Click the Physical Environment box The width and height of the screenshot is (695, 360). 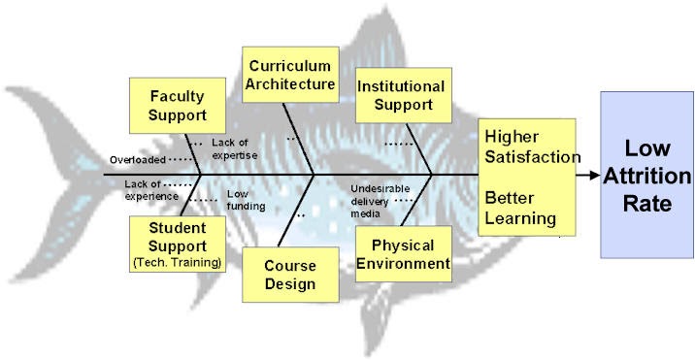(x=403, y=253)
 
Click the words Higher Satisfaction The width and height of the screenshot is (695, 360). (x=531, y=146)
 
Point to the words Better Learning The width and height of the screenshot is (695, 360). (x=520, y=208)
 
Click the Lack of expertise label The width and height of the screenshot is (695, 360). (x=235, y=147)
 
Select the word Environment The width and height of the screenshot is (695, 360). (x=403, y=263)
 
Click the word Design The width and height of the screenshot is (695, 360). (x=288, y=283)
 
